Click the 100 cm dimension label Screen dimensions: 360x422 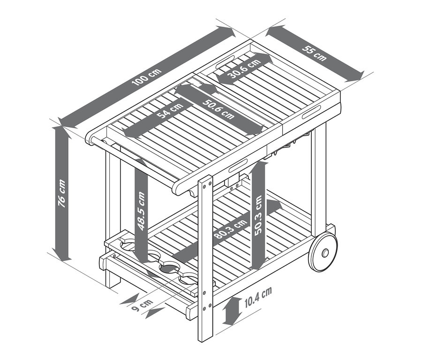(x=147, y=77)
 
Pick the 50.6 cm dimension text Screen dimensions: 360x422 (x=219, y=107)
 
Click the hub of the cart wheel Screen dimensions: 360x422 (x=324, y=253)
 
